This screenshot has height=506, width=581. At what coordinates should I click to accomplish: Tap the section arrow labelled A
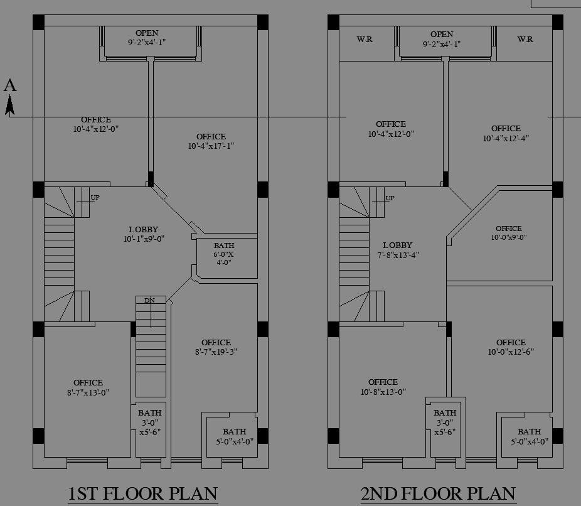10,97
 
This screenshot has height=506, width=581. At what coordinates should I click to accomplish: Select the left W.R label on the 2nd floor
365,40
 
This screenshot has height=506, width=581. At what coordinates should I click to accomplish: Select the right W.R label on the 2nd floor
525,40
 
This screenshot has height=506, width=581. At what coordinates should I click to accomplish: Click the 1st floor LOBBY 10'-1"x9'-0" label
144,234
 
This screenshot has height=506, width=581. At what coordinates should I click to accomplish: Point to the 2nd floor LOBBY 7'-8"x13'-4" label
397,250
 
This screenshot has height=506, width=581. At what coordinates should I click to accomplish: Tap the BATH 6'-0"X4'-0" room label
224,254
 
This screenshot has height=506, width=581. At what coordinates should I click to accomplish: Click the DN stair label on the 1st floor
149,301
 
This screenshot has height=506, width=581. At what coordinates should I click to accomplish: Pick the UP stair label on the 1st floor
95,198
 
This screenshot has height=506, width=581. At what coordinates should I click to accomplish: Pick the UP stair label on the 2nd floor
390,198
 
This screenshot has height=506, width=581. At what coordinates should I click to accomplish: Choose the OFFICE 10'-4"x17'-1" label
211,141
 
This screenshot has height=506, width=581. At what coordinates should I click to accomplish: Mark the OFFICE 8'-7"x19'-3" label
216,347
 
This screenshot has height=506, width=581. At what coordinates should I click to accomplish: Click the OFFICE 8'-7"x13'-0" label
88,387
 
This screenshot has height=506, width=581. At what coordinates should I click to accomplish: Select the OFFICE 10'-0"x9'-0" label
508,233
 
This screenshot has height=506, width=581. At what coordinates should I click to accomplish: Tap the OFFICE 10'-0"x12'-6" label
511,347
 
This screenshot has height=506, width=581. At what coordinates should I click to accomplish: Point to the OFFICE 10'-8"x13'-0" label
383,387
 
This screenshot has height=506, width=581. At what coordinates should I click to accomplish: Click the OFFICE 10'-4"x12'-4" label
506,133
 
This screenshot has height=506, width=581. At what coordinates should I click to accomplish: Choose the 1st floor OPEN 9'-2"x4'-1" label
146,38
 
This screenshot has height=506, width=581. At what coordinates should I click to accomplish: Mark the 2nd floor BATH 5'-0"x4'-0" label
529,436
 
